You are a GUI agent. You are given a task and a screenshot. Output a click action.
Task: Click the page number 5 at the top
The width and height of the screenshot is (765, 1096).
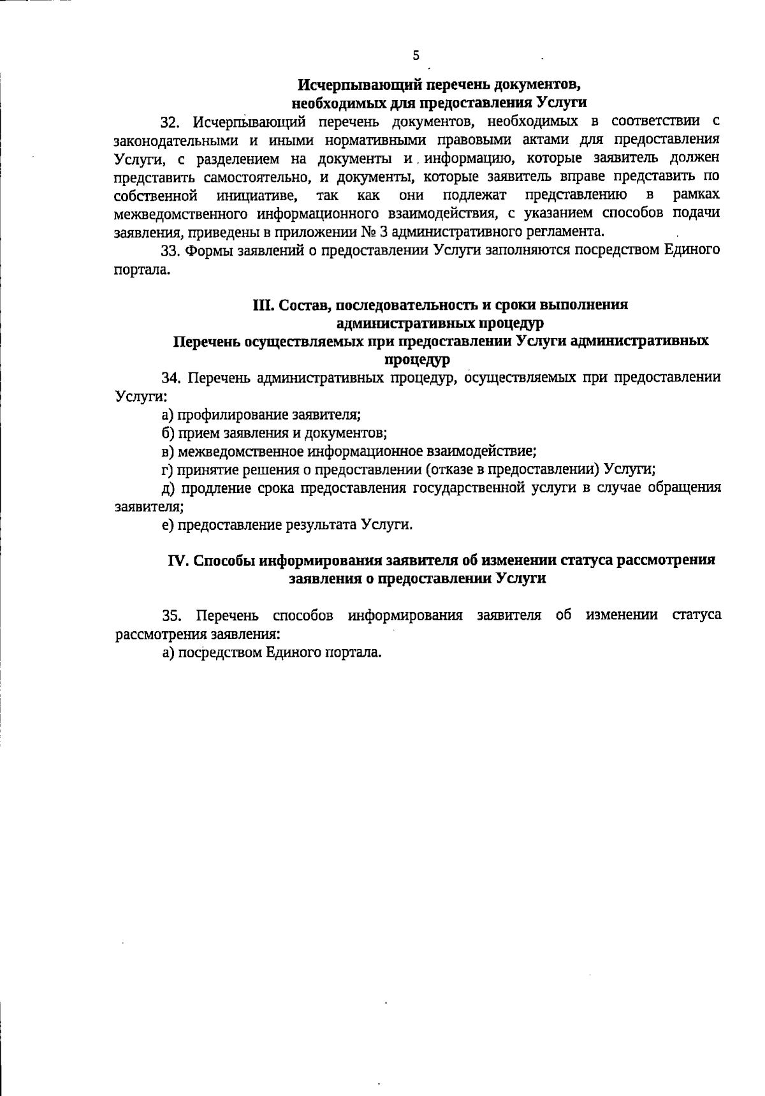click(x=416, y=55)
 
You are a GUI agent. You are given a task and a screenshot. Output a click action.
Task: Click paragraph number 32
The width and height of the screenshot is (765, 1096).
click(x=170, y=121)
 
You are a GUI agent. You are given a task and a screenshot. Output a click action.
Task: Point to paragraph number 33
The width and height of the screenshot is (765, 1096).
click(x=170, y=251)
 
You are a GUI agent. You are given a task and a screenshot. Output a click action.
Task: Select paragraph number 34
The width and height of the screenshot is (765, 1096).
click(x=170, y=378)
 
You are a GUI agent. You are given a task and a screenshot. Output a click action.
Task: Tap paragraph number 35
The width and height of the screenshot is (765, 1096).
click(x=171, y=616)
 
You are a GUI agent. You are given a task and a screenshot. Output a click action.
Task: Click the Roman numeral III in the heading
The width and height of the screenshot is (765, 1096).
click(x=263, y=305)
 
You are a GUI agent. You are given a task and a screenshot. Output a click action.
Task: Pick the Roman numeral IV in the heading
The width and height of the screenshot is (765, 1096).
click(x=177, y=560)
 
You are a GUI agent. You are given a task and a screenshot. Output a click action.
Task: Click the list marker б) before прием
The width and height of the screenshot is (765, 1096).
click(x=168, y=434)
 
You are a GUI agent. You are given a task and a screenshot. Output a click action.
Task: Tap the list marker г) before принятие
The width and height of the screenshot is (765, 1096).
click(x=168, y=470)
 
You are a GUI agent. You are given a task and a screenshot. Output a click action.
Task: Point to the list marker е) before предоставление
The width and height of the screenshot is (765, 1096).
click(x=168, y=525)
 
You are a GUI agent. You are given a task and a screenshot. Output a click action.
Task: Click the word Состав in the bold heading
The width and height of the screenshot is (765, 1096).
click(x=302, y=305)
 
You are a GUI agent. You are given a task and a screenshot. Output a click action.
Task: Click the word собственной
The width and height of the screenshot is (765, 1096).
click(x=154, y=194)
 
